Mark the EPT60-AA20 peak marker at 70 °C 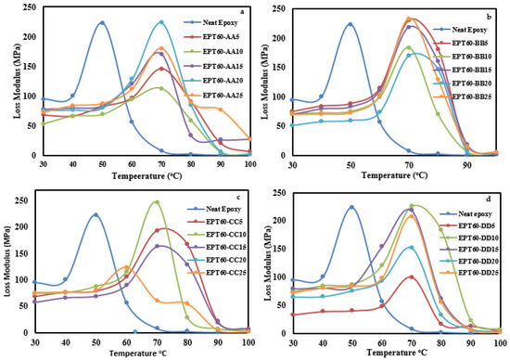tap(160, 22)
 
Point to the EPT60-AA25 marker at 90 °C tap(220, 109)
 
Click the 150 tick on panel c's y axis tap(20, 249)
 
